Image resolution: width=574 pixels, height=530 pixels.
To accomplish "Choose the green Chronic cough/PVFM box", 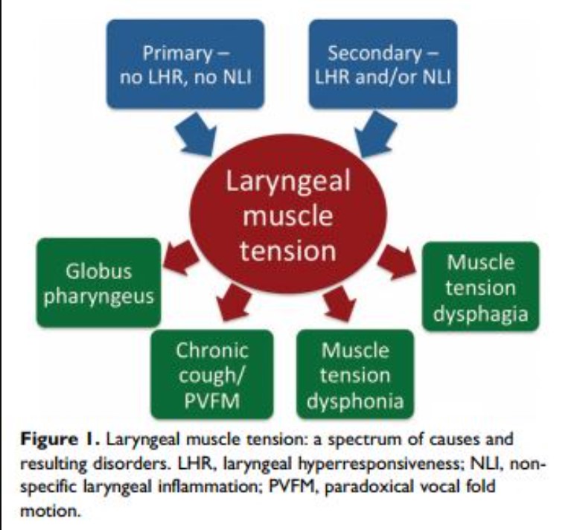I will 211,374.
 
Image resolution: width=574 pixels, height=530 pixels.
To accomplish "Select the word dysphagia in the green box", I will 481,313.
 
